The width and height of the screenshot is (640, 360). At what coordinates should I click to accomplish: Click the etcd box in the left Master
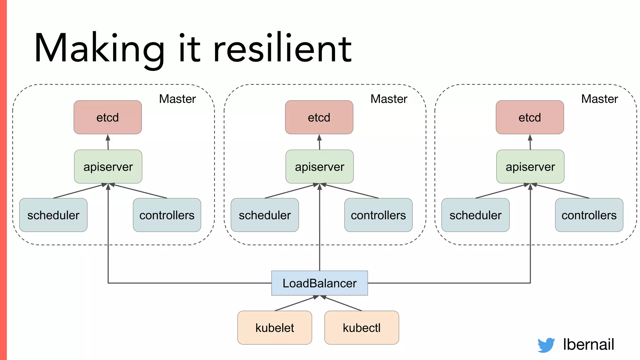(107, 117)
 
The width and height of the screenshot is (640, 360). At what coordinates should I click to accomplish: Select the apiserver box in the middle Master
(319, 167)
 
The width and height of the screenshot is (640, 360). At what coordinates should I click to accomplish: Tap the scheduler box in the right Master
(475, 215)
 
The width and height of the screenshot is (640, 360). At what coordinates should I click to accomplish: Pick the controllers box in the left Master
(167, 215)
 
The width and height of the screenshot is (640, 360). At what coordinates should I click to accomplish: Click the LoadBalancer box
(319, 283)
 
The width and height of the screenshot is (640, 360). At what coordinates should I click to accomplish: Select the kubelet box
(275, 327)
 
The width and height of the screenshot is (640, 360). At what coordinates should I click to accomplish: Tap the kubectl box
(362, 327)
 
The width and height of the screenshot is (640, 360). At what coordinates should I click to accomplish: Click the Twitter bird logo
(546, 345)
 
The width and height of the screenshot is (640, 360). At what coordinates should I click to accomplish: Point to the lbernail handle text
(588, 344)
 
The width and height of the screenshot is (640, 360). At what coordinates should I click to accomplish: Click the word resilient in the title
(282, 49)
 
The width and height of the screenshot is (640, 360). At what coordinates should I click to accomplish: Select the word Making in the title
(99, 49)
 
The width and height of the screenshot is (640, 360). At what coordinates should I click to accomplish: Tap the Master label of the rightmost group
(599, 99)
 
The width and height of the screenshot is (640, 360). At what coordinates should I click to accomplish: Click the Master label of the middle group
(389, 99)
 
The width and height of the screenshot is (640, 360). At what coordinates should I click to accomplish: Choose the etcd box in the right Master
(530, 117)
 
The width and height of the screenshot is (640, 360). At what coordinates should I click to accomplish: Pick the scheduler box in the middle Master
(265, 215)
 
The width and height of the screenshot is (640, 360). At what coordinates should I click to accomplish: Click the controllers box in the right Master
(589, 215)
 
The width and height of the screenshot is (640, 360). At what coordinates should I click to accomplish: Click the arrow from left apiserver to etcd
(108, 142)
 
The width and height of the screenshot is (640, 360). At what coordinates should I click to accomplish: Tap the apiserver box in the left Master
(108, 167)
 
